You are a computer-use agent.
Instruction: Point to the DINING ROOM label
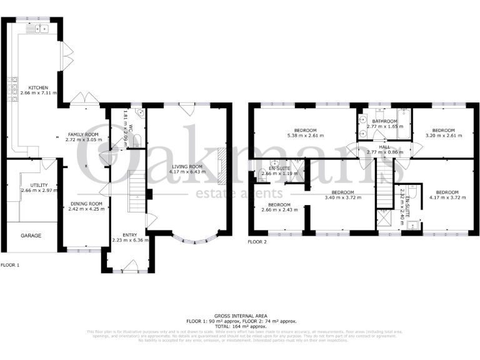point(86,204)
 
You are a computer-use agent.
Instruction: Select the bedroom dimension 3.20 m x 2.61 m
point(443,135)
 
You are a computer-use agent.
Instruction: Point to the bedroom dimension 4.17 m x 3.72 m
point(447,197)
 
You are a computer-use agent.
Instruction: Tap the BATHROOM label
point(384,121)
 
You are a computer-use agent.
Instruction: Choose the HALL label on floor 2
point(384,146)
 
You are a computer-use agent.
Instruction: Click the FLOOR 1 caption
point(11,265)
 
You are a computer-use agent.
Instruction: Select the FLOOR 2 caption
point(257,241)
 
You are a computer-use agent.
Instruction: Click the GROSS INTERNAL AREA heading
point(240,316)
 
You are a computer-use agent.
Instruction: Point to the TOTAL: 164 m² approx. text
point(240,326)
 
